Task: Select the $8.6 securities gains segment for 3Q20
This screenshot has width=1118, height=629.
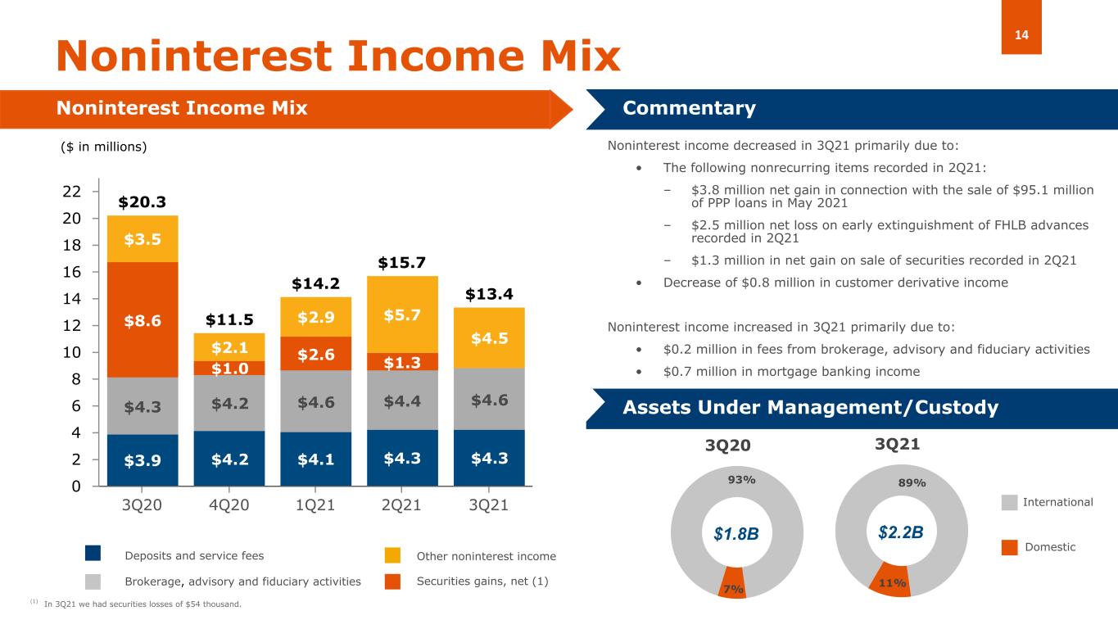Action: pyautogui.click(x=143, y=320)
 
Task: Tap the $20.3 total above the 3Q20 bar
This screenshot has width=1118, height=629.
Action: pyautogui.click(x=143, y=202)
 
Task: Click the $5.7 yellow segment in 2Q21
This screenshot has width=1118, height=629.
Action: pyautogui.click(x=402, y=314)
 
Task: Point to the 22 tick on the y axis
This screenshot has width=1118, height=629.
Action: pyautogui.click(x=71, y=192)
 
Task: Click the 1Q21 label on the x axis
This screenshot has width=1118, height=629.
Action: pyautogui.click(x=315, y=505)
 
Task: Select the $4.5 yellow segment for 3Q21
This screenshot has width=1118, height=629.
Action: pyautogui.click(x=489, y=337)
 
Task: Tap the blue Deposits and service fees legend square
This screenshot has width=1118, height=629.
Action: pyautogui.click(x=93, y=555)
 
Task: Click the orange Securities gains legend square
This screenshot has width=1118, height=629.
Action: pyautogui.click(x=393, y=581)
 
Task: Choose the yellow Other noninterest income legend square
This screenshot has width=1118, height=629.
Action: pyautogui.click(x=393, y=555)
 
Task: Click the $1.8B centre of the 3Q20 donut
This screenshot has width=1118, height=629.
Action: pyautogui.click(x=736, y=534)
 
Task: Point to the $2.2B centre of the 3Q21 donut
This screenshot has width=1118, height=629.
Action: pyautogui.click(x=900, y=532)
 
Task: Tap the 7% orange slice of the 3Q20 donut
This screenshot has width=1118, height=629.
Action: pyautogui.click(x=733, y=586)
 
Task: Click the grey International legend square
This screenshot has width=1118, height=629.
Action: pyautogui.click(x=1010, y=502)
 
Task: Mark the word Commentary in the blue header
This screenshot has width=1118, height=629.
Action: pyautogui.click(x=689, y=109)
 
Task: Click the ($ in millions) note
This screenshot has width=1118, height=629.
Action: pyautogui.click(x=104, y=147)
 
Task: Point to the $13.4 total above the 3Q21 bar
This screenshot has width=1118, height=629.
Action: pyautogui.click(x=489, y=294)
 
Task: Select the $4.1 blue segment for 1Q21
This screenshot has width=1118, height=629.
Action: pyautogui.click(x=315, y=459)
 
